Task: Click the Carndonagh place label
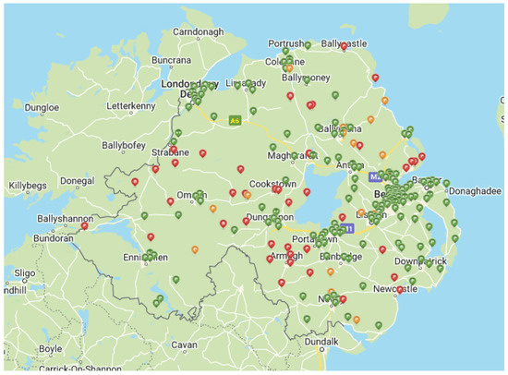pos(199,32)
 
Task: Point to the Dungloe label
pos(42,107)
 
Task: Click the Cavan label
pos(184,345)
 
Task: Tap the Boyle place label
pos(51,348)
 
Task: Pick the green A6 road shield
pos(235,119)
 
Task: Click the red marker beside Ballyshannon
pos(84,223)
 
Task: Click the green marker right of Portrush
pos(308,43)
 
